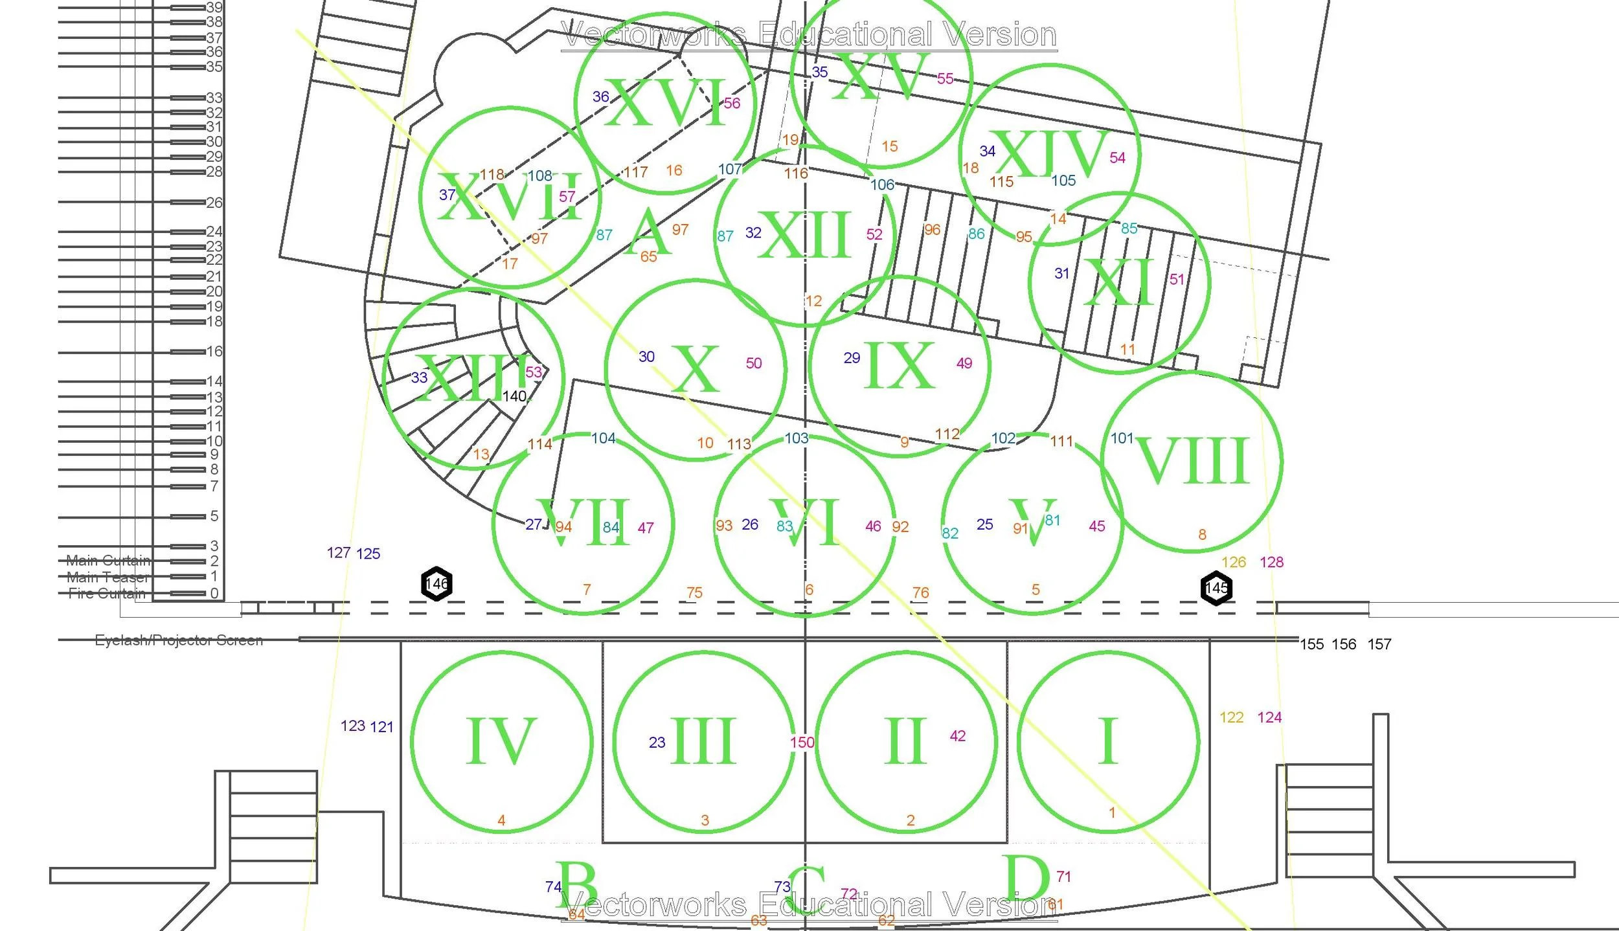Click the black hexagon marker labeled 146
click(x=437, y=584)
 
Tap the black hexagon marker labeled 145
click(x=1216, y=588)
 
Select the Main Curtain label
click(x=108, y=560)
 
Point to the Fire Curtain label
click(x=107, y=594)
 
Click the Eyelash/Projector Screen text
click(x=179, y=640)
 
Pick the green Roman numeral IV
click(x=501, y=741)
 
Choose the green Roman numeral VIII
click(x=1192, y=460)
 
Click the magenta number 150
click(x=802, y=743)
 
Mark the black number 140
click(x=515, y=396)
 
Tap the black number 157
click(x=1379, y=644)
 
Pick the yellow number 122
click(x=1231, y=717)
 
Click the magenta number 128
click(x=1271, y=562)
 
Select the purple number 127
click(x=339, y=553)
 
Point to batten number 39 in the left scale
click(x=214, y=7)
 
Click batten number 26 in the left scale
click(x=214, y=203)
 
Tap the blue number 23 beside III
click(x=657, y=743)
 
